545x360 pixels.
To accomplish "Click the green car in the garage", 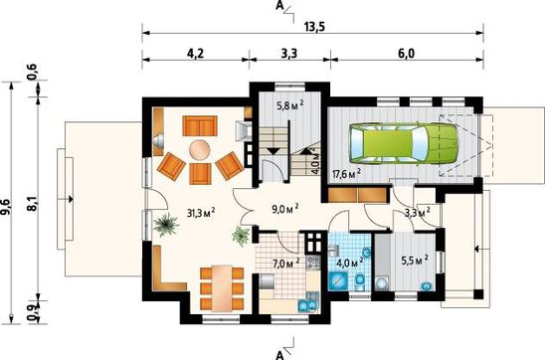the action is pyautogui.click(x=404, y=143).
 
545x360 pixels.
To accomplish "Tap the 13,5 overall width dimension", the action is pyautogui.click(x=314, y=27).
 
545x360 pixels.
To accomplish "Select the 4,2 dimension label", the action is pyautogui.click(x=195, y=54).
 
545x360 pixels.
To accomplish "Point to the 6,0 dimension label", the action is pyautogui.click(x=407, y=54).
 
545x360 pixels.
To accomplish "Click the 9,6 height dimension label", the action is pyautogui.click(x=7, y=207).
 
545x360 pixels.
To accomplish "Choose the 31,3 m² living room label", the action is pyautogui.click(x=201, y=212).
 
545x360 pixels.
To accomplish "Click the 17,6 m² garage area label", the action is pyautogui.click(x=346, y=173).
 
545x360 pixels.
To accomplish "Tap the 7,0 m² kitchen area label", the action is pyautogui.click(x=286, y=264).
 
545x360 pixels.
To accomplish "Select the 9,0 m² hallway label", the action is pyautogui.click(x=285, y=208).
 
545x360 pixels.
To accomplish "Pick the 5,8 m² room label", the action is pyautogui.click(x=290, y=105).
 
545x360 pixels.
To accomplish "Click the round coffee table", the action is pyautogui.click(x=200, y=150).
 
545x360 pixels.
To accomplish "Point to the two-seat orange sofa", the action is pyautogui.click(x=200, y=125).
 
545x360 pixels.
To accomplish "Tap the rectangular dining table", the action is pyautogui.click(x=223, y=288).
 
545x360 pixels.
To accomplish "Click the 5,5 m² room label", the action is pyautogui.click(x=415, y=260).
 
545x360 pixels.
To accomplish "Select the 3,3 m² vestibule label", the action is pyautogui.click(x=418, y=212).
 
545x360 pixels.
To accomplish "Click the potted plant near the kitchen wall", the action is pyautogui.click(x=241, y=236).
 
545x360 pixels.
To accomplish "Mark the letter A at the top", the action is pyautogui.click(x=278, y=6).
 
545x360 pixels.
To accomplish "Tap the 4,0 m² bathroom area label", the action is pyautogui.click(x=350, y=263).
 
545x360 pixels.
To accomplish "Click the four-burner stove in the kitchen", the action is pyautogui.click(x=313, y=262).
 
